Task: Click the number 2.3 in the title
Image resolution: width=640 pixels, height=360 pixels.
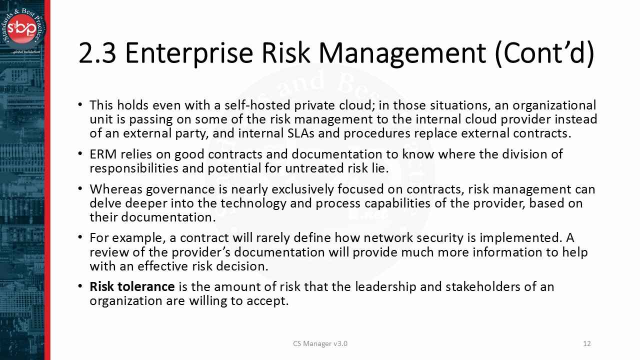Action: pos(97,53)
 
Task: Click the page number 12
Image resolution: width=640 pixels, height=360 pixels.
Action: pos(587,343)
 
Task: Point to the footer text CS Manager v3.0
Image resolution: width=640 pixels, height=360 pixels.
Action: pos(320,343)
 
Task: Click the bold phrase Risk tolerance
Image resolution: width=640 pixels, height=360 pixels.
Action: pos(132,287)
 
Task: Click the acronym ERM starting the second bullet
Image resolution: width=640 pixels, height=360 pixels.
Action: pos(101,154)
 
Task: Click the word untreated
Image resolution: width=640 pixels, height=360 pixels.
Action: pos(312,168)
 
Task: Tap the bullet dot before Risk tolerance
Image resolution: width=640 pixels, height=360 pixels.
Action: pos(80,287)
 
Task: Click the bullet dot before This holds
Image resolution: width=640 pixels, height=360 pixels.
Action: pos(80,105)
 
